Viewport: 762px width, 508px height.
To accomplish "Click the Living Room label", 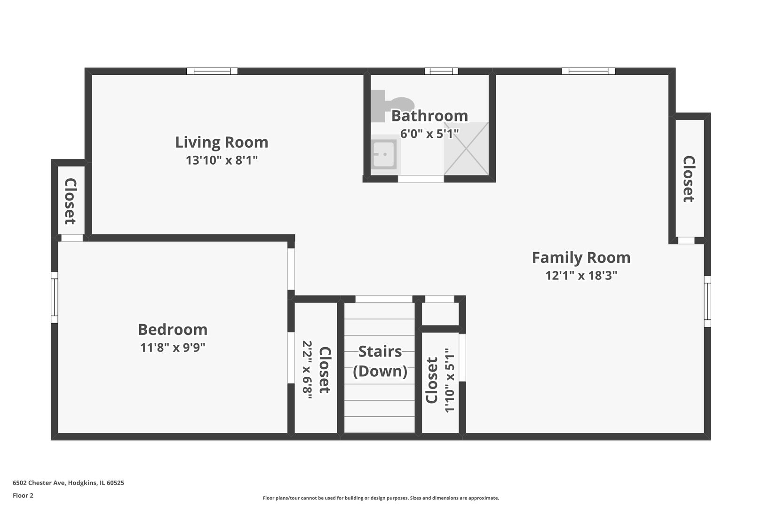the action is click(x=222, y=143).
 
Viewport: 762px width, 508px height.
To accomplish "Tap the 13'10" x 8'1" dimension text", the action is click(x=222, y=160).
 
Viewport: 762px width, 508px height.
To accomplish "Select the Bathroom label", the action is click(x=429, y=116).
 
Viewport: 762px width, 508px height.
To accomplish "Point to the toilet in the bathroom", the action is click(x=392, y=105).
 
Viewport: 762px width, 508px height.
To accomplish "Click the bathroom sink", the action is click(x=384, y=154).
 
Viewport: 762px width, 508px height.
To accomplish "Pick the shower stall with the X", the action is click(x=466, y=148).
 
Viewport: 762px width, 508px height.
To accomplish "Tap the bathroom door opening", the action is click(x=421, y=179).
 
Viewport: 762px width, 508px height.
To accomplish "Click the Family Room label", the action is click(x=581, y=258).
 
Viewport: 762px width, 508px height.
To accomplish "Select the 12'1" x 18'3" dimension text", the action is click(x=581, y=275).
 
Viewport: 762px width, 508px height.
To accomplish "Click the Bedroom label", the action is click(x=173, y=330).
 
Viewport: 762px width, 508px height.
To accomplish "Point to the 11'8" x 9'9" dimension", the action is click(x=173, y=348).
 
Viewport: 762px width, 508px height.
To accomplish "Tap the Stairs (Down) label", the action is click(x=380, y=361).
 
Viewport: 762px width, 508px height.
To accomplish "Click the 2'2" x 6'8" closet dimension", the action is click(x=307, y=370).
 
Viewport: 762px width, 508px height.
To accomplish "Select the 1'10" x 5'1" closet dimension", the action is click(x=449, y=380).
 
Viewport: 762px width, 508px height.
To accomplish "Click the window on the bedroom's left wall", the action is click(x=55, y=297).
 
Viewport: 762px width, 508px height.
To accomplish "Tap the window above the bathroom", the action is click(x=441, y=71).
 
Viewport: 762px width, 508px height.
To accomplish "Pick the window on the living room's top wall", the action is click(x=212, y=71).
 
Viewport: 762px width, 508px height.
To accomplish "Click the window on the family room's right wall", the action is click(x=707, y=301).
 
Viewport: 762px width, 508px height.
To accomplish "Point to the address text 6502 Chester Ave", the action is click(x=39, y=483).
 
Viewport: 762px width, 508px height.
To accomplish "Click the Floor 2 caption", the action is click(x=23, y=495).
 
